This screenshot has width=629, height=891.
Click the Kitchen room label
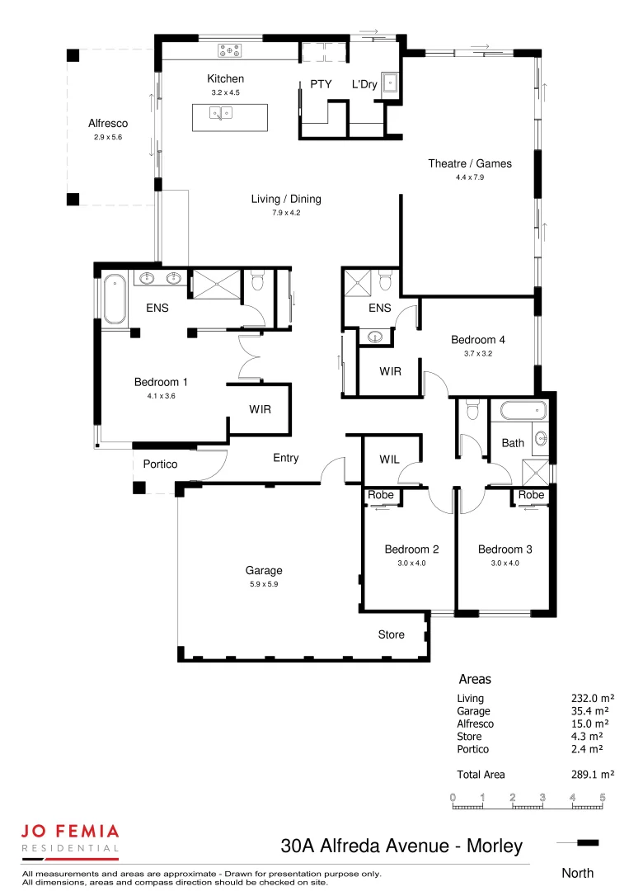225,79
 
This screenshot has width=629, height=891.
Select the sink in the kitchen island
221,114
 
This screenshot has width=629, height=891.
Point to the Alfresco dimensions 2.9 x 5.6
107,138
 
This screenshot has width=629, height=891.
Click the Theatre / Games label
469,163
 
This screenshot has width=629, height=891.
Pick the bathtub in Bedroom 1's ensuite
113,297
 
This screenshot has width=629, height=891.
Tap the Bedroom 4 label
478,340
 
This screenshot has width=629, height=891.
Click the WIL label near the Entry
390,459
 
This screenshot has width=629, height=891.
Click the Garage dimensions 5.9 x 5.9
264,584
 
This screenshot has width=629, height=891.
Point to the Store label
391,634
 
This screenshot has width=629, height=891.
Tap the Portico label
160,464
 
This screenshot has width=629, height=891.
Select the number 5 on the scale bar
603,797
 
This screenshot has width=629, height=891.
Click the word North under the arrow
577,873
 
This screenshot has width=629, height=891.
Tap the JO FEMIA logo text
70,832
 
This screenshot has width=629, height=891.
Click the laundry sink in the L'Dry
390,83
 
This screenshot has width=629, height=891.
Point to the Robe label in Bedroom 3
531,495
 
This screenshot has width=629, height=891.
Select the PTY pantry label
320,84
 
